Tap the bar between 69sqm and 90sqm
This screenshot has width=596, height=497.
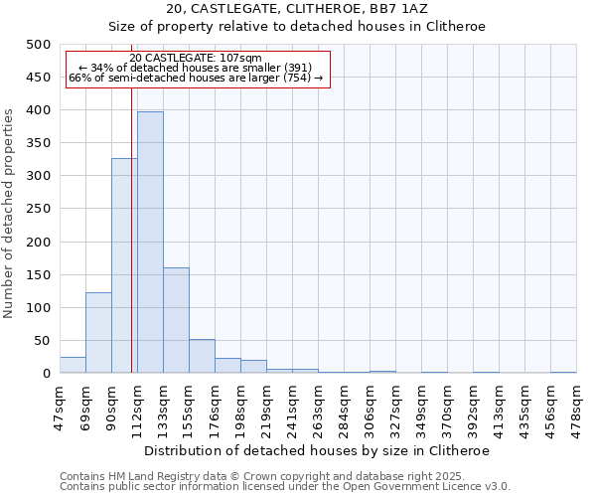(98, 333)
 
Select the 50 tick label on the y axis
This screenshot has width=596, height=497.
(42, 341)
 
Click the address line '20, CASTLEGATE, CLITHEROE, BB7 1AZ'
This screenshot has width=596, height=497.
(297, 8)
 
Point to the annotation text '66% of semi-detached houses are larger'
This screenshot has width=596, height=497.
(196, 78)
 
